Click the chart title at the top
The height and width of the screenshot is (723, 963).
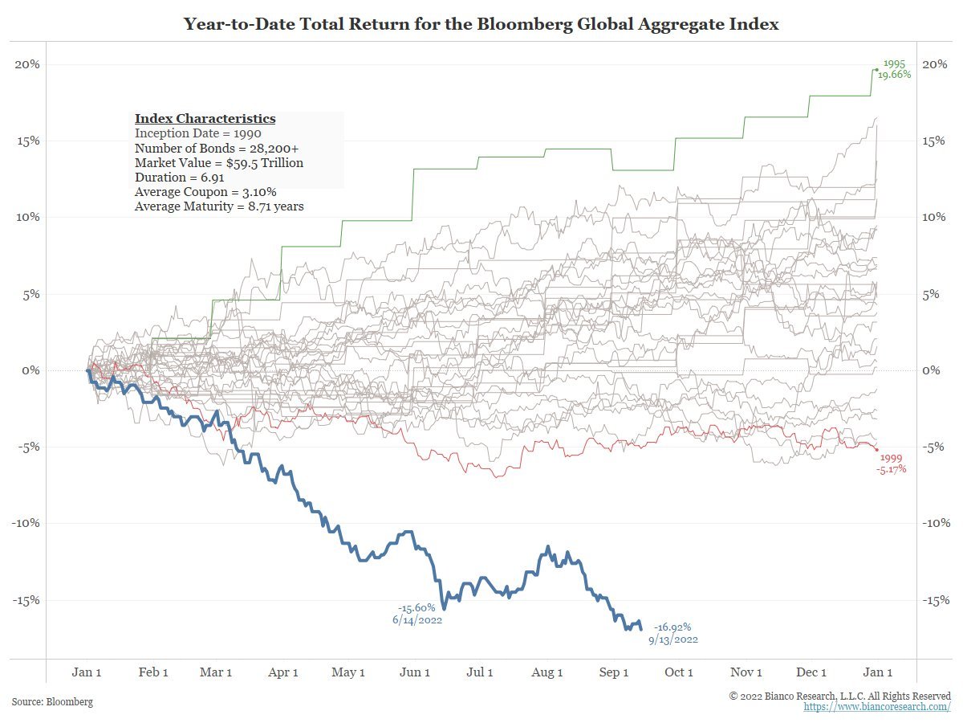(481, 24)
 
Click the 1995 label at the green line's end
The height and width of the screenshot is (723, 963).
(894, 63)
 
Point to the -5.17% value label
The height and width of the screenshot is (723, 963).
(892, 468)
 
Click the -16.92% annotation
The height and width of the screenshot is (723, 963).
(672, 627)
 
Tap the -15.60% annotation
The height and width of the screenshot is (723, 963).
(416, 607)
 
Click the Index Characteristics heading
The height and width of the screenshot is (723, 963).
(205, 119)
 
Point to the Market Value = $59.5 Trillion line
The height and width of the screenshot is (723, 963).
(219, 163)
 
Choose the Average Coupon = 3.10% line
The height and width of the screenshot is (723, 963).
(206, 192)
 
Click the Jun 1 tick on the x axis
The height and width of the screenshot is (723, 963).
(414, 672)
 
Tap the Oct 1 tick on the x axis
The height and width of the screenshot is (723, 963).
(679, 672)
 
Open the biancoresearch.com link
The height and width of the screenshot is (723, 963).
(877, 707)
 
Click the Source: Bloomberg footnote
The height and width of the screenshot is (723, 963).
(52, 702)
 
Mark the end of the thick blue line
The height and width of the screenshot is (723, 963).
(641, 628)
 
